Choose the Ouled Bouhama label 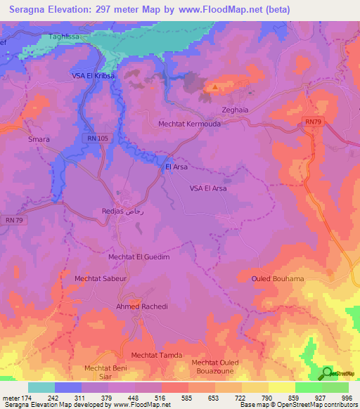(x=278, y=279)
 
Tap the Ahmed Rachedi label (x=142, y=307)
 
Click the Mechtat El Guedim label (x=139, y=257)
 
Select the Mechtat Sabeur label (x=99, y=278)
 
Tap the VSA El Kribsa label (x=93, y=75)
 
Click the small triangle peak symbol (x=214, y=88)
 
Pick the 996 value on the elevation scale (x=345, y=397)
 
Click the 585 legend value (x=186, y=397)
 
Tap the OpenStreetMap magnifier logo (x=327, y=373)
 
